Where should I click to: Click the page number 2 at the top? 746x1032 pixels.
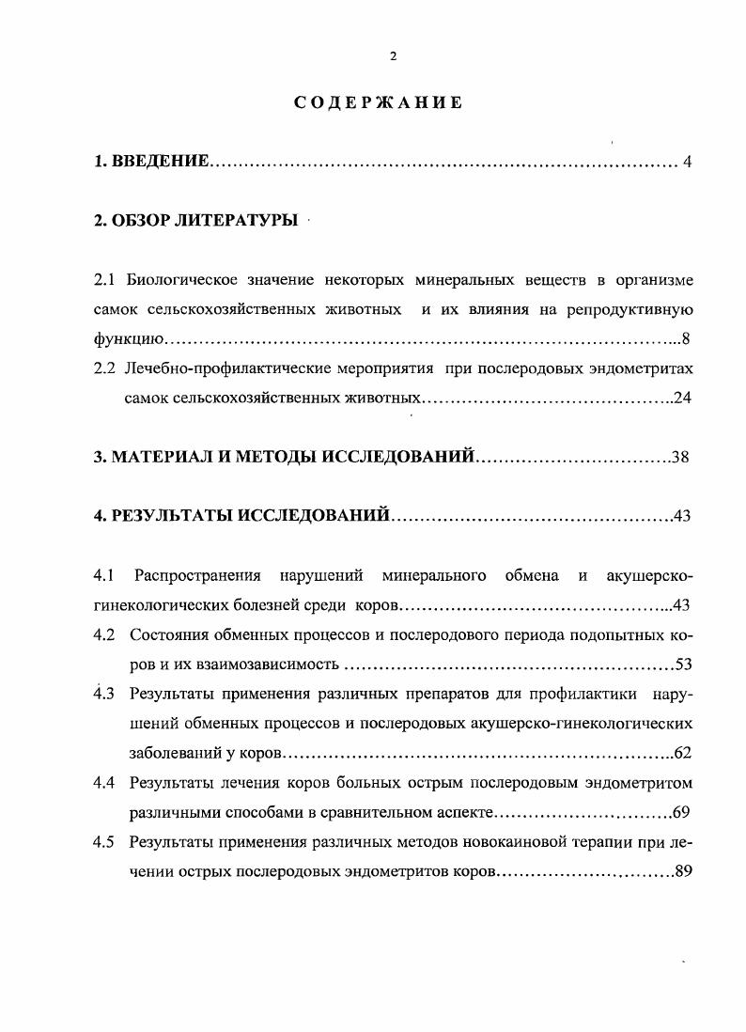point(393,56)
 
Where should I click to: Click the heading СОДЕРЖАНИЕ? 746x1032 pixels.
point(378,102)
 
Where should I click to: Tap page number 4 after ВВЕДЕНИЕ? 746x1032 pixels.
point(688,163)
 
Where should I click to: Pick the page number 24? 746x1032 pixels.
point(683,398)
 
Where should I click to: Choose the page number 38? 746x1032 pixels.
point(682,458)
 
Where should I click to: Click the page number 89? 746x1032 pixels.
point(683,871)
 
